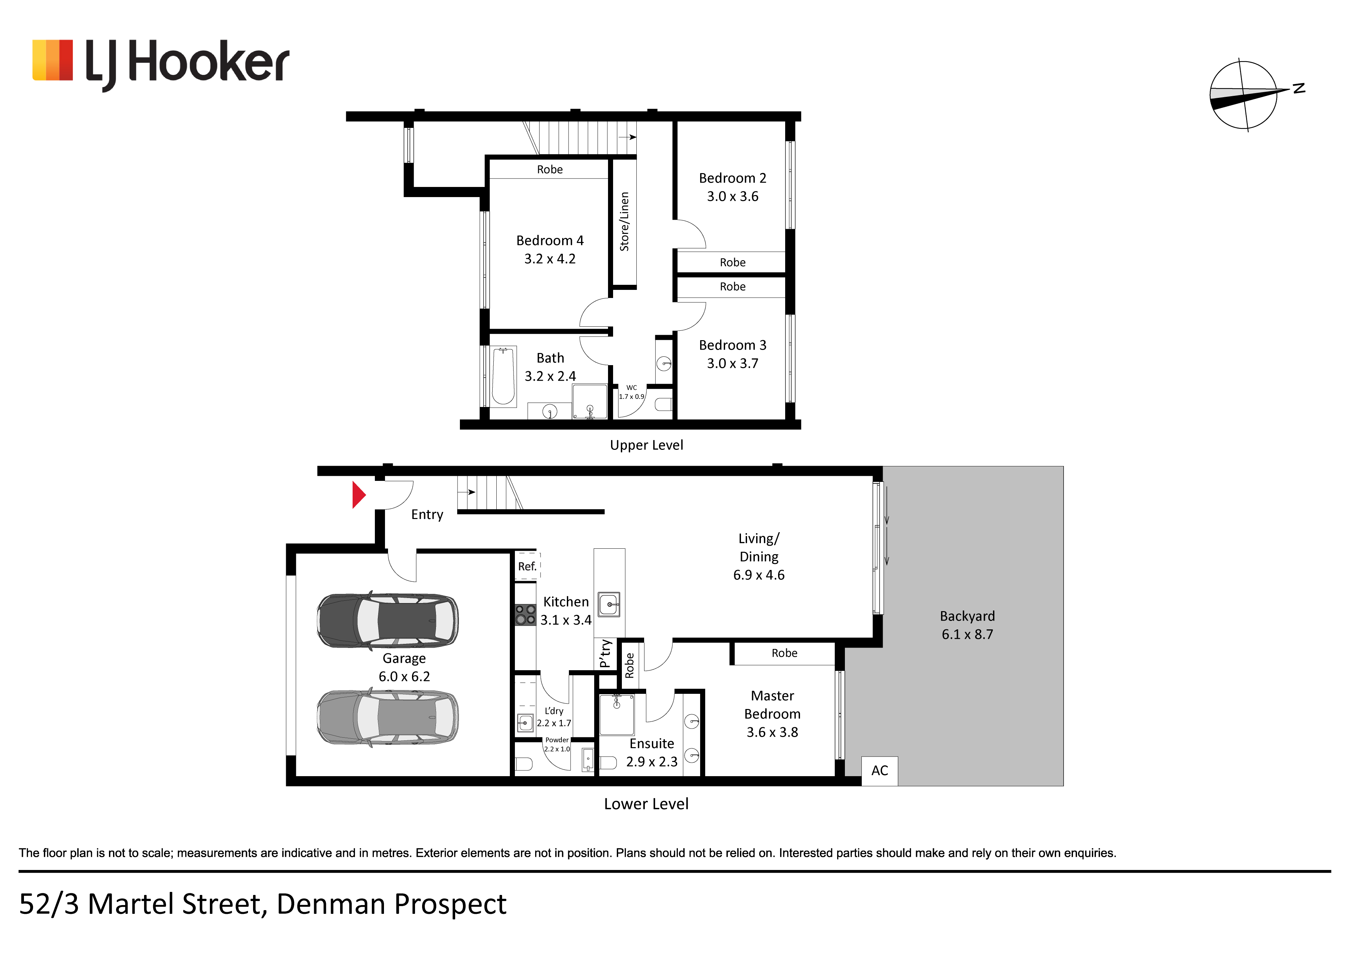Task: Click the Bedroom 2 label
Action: pyautogui.click(x=733, y=178)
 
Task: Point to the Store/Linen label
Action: pyautogui.click(x=625, y=222)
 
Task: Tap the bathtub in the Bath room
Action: pyautogui.click(x=503, y=376)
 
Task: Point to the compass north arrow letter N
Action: pyautogui.click(x=1299, y=88)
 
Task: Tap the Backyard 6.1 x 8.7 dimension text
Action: pyautogui.click(x=967, y=635)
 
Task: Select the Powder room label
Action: pyautogui.click(x=557, y=740)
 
